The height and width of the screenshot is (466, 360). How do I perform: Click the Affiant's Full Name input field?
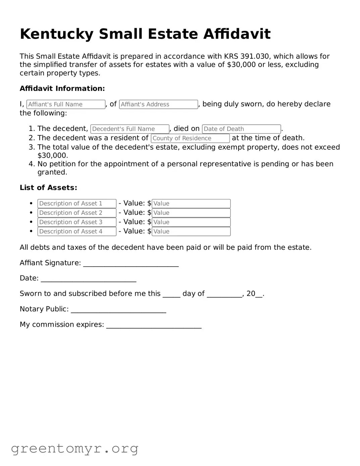(x=66, y=104)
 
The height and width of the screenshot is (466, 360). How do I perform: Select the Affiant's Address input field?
(x=158, y=104)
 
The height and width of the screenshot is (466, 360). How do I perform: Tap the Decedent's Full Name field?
(x=130, y=129)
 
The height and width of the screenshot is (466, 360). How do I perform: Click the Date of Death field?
(x=241, y=129)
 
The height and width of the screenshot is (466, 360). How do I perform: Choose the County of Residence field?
(x=190, y=138)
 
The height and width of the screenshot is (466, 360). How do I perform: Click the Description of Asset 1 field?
(x=77, y=203)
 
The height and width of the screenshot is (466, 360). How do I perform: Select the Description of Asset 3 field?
(x=77, y=222)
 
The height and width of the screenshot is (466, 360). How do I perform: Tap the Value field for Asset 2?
(x=191, y=213)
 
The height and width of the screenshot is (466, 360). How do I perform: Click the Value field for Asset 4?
(x=191, y=232)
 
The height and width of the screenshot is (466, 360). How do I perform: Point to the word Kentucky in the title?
(x=57, y=34)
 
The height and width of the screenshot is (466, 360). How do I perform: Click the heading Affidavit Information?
(x=62, y=89)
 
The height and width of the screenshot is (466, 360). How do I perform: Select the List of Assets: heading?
(x=48, y=188)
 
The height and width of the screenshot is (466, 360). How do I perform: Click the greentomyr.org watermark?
(x=74, y=449)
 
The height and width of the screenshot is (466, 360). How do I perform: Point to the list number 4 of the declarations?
(x=32, y=164)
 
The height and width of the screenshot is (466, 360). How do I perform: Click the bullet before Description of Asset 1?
(x=31, y=203)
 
